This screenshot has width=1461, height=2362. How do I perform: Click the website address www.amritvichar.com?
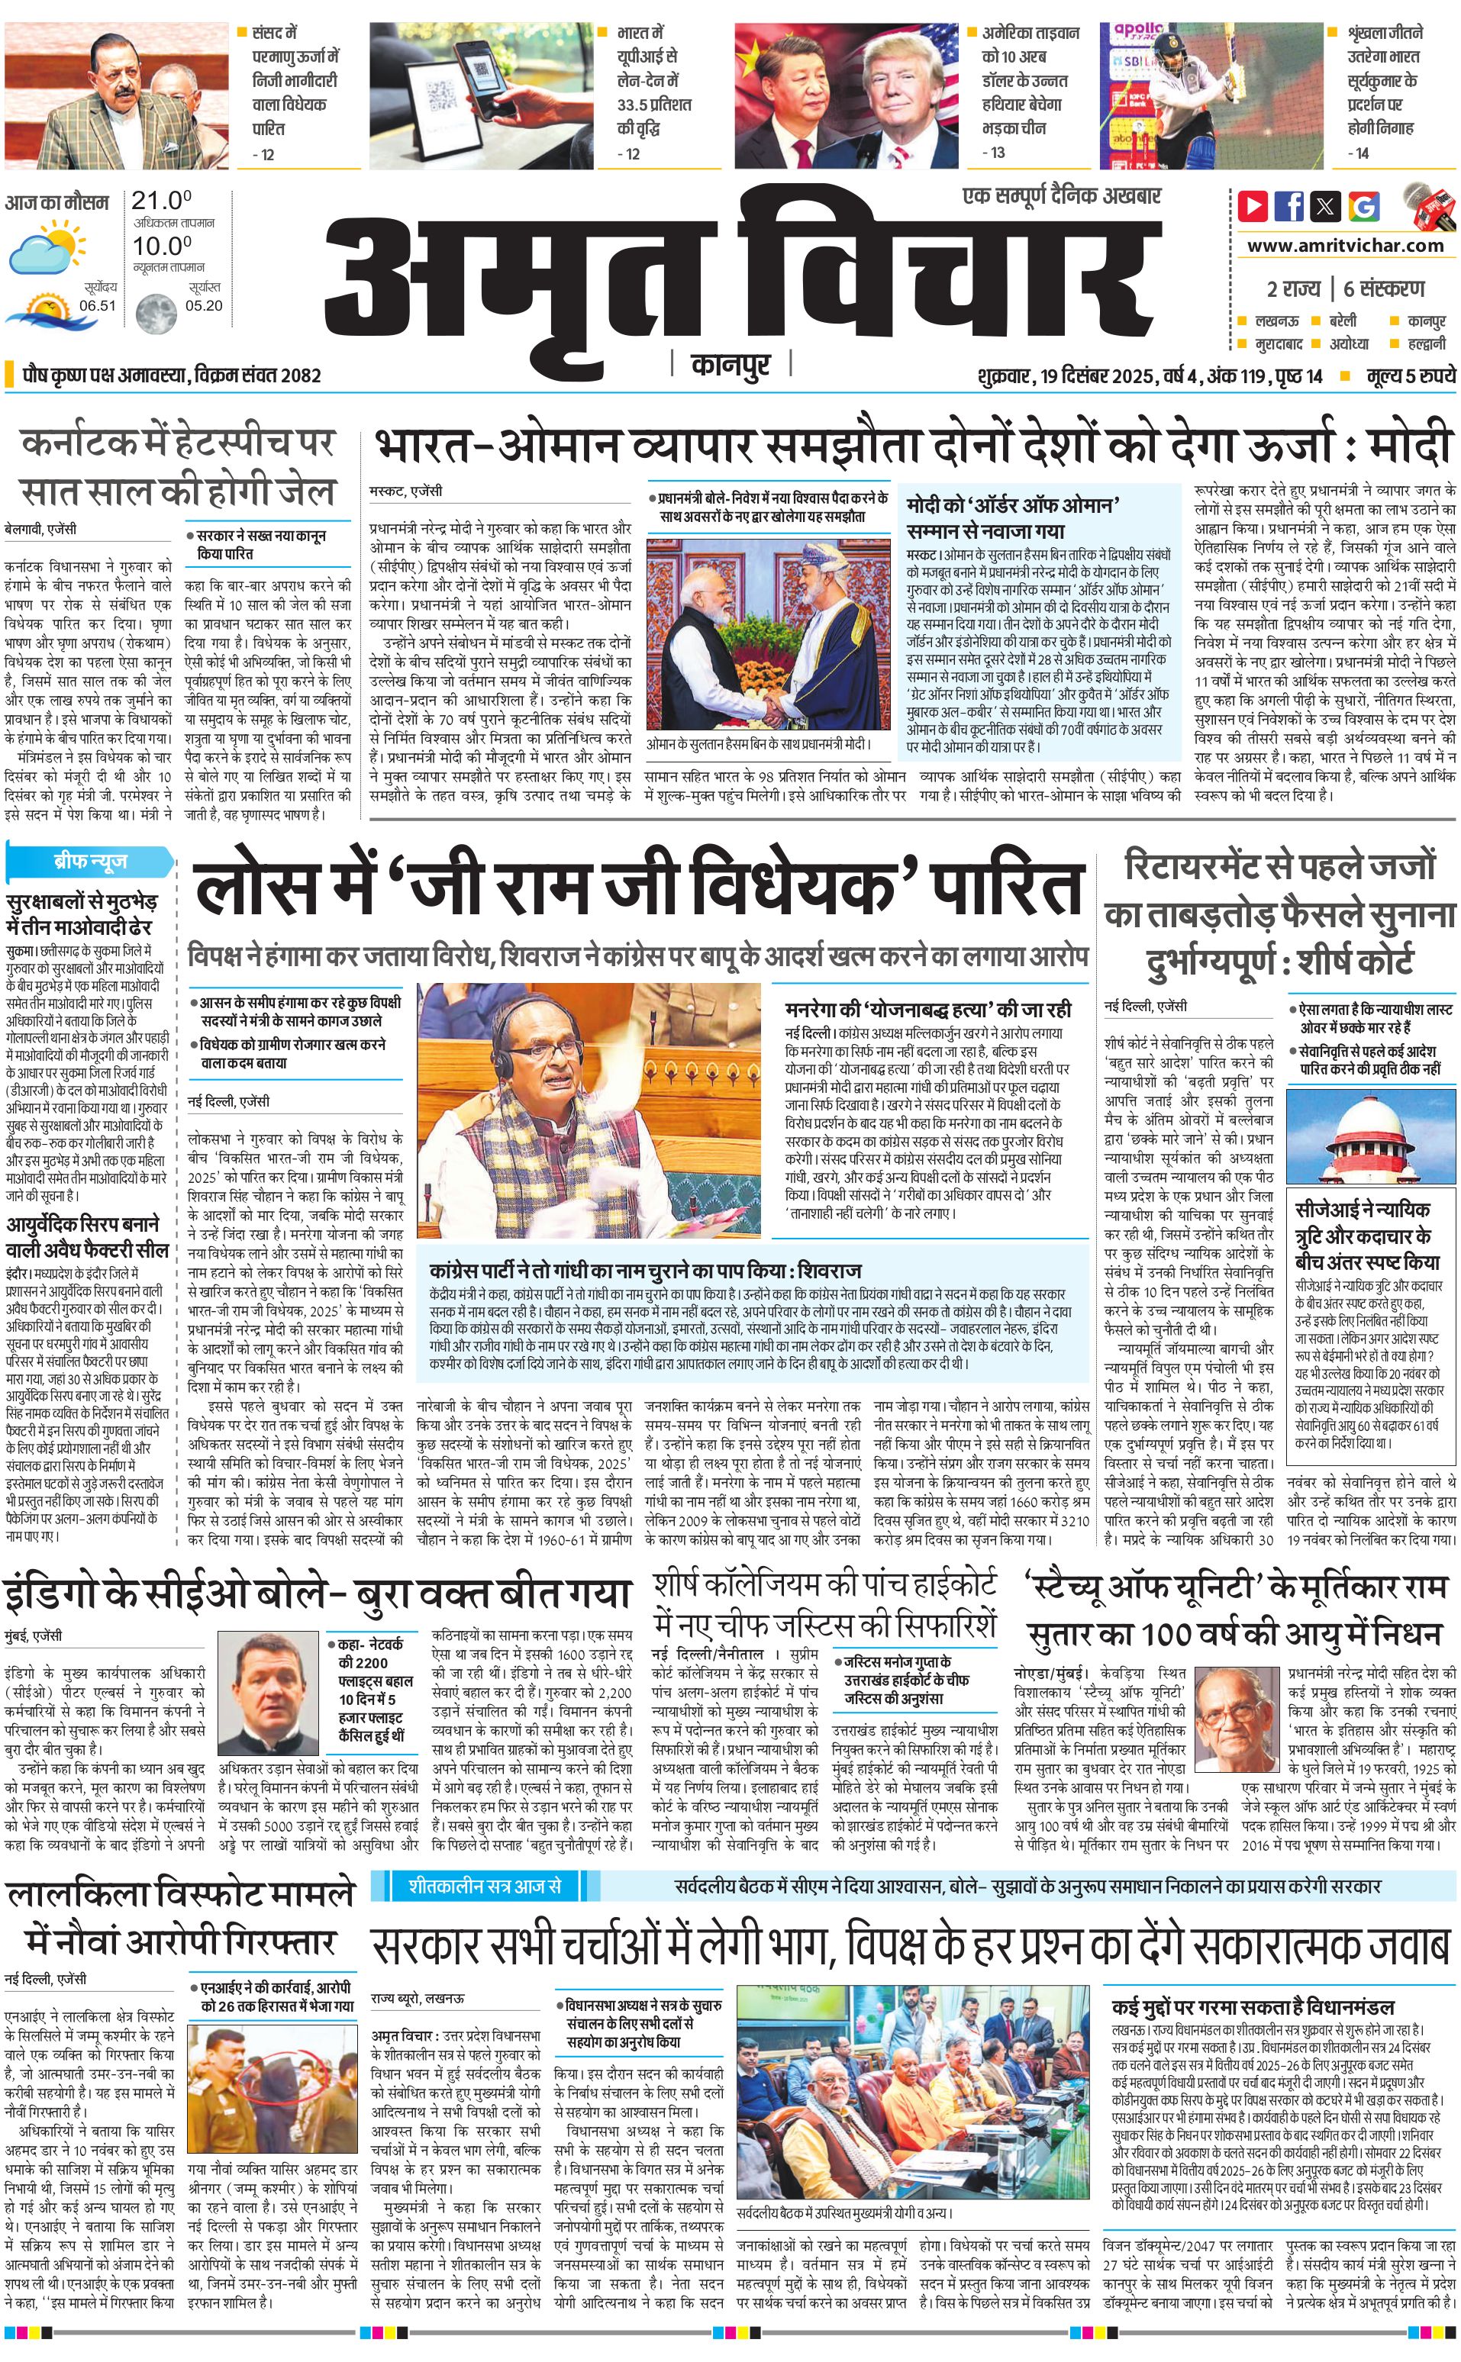tap(1345, 246)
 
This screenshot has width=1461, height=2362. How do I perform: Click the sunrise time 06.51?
tap(98, 305)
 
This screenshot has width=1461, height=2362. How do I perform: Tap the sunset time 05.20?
tap(204, 305)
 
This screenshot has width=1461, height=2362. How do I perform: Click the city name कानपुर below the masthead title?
tap(731, 364)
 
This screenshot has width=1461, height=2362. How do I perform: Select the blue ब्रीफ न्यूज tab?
tap(91, 860)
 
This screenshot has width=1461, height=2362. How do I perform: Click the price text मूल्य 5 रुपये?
tap(1411, 375)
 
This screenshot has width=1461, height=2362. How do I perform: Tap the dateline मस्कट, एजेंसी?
tap(406, 491)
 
